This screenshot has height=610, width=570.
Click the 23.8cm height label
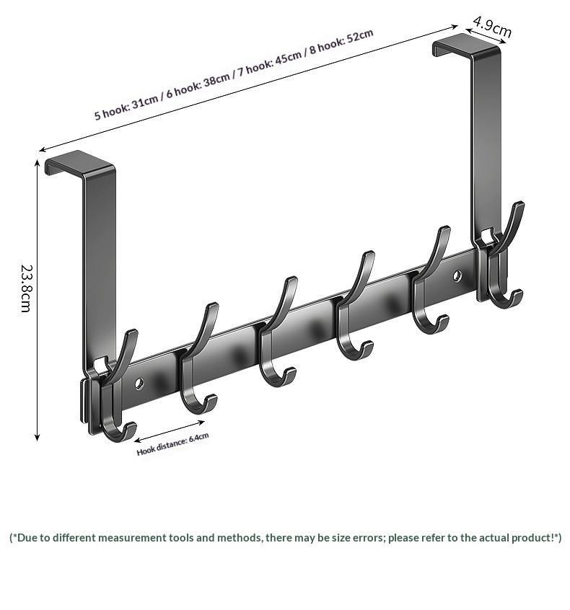(x=26, y=288)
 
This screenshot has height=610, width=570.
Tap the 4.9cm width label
(x=492, y=27)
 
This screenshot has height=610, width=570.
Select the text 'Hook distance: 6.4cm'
(x=172, y=444)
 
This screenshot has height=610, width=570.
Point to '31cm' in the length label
(x=145, y=102)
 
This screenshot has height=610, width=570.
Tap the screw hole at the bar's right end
(x=457, y=276)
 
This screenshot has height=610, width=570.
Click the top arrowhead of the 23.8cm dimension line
(x=38, y=163)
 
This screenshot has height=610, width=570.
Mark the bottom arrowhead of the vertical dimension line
(x=38, y=438)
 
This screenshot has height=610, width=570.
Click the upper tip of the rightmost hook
(x=520, y=205)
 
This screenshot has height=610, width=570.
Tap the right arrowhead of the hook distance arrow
(x=201, y=422)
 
